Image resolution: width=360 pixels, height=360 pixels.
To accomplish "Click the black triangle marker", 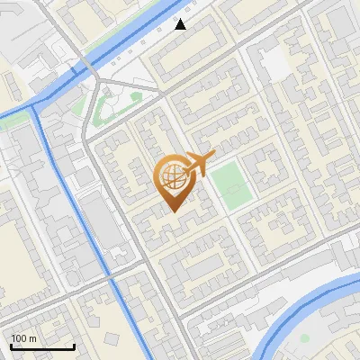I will [181, 24].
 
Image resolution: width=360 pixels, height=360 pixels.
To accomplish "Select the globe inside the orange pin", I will [172, 176].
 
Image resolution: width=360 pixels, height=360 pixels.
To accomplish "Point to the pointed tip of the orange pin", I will [173, 211].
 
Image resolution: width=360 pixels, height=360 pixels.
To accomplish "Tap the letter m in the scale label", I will [32, 338].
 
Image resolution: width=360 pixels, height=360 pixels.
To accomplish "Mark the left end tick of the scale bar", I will [11, 346].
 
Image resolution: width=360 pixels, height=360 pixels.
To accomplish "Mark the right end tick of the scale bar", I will [74, 346].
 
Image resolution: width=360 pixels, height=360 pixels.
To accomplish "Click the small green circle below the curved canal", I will [304, 338].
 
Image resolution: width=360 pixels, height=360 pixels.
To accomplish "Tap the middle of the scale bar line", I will [42, 346].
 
